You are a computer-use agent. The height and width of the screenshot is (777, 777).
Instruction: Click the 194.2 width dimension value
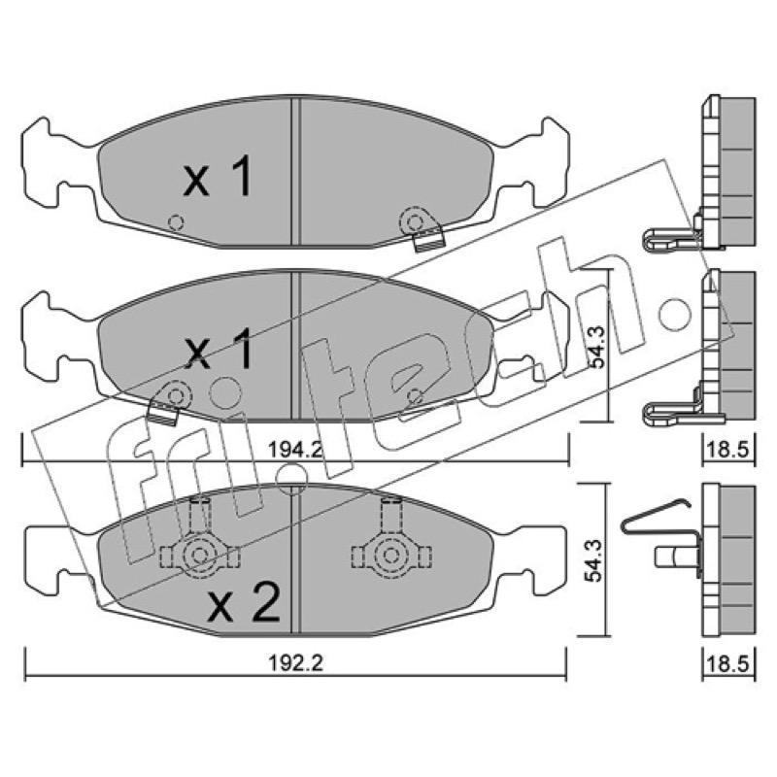point(296,450)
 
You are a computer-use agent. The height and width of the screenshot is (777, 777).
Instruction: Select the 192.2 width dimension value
point(296,663)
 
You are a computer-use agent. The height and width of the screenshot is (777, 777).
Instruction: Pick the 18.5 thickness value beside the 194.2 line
point(728,450)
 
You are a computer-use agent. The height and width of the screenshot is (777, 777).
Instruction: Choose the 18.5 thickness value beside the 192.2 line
point(728,663)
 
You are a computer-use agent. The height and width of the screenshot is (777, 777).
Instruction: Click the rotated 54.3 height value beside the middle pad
point(597,347)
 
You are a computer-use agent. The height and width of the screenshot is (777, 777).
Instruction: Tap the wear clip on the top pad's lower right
point(422,229)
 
